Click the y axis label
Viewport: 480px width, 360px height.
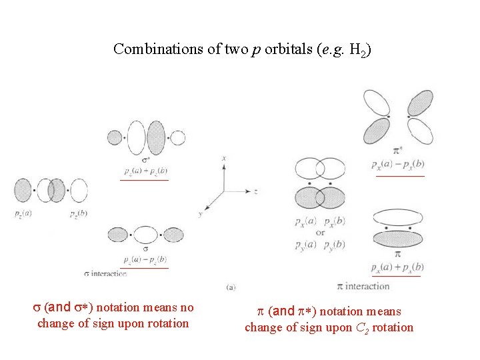click(x=200, y=213)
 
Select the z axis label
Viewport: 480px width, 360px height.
click(x=255, y=191)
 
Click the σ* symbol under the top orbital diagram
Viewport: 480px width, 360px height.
click(x=146, y=161)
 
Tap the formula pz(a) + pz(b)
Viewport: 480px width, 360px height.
click(x=145, y=171)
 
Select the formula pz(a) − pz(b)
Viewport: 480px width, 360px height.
click(x=145, y=259)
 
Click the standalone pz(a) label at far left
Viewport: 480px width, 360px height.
click(x=23, y=213)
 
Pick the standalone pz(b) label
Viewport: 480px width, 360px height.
click(x=78, y=213)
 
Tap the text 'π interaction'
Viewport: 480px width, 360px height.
click(x=363, y=286)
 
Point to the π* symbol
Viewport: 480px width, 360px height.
click(x=399, y=151)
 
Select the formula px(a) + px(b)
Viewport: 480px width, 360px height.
click(x=397, y=267)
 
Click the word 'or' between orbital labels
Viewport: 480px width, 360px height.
click(x=320, y=233)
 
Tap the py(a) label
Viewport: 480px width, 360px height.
click(x=306, y=245)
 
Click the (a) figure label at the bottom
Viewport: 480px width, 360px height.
click(x=231, y=287)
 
